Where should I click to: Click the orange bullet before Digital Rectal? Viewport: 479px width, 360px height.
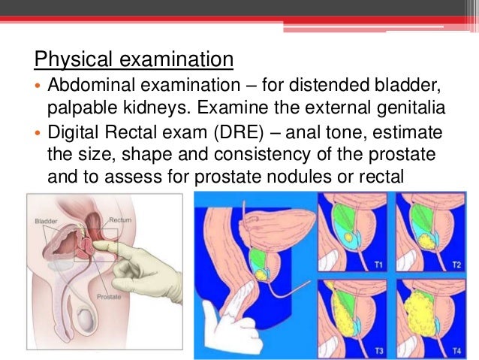pyautogui.click(x=39, y=132)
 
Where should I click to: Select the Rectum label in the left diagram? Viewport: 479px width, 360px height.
pyautogui.click(x=120, y=220)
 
